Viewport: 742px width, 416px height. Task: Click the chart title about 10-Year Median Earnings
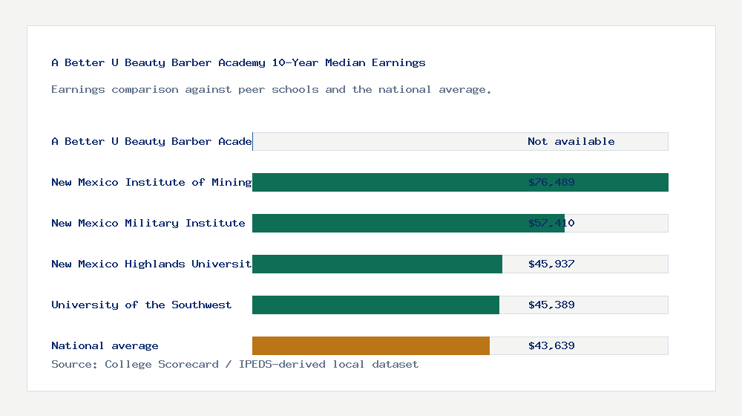pyautogui.click(x=238, y=62)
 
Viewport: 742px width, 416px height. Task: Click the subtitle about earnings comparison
pyautogui.click(x=271, y=89)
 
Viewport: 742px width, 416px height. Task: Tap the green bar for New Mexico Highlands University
pyautogui.click(x=377, y=264)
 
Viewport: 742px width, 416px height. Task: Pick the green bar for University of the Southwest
pyautogui.click(x=375, y=305)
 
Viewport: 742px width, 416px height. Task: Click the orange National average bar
pyautogui.click(x=371, y=345)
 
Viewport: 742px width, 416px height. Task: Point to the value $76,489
pyautogui.click(x=551, y=182)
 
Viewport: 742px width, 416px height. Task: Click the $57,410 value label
pyautogui.click(x=551, y=223)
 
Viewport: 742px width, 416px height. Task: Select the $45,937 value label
pyautogui.click(x=551, y=264)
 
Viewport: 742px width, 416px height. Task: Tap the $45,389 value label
pyautogui.click(x=551, y=305)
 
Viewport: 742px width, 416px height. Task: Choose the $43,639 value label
pyautogui.click(x=551, y=345)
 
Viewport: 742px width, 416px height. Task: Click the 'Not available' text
pyautogui.click(x=571, y=141)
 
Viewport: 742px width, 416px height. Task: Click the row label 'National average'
pyautogui.click(x=105, y=345)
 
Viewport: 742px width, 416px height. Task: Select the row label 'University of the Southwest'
pyautogui.click(x=141, y=305)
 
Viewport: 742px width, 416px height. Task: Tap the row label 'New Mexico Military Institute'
pyautogui.click(x=148, y=223)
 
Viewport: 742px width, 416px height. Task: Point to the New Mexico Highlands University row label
pyautogui.click(x=151, y=264)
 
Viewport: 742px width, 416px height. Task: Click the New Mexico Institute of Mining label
pyautogui.click(x=151, y=182)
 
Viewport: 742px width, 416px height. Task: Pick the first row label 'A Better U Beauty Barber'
pyautogui.click(x=151, y=141)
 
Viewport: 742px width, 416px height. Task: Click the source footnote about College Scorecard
pyautogui.click(x=234, y=364)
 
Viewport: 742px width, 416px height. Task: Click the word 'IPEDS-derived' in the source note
pyautogui.click(x=283, y=364)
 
